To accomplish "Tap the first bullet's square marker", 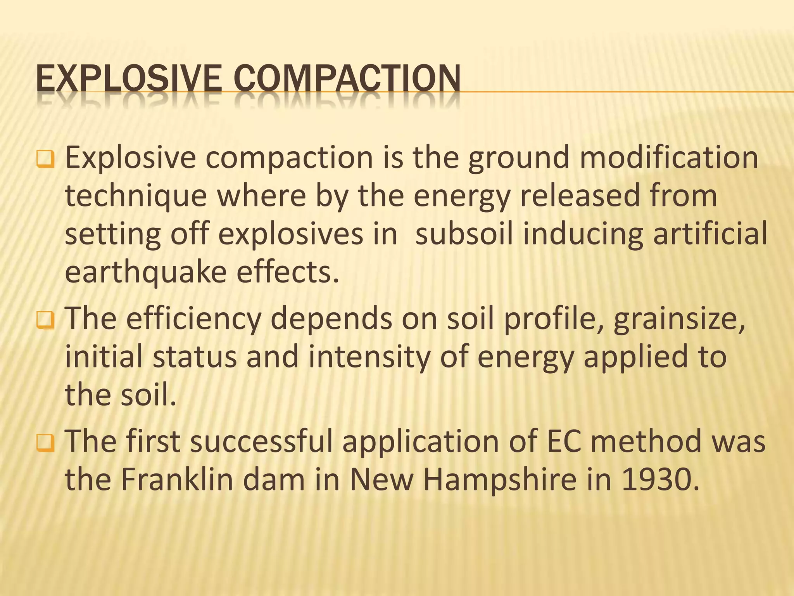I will [45, 159].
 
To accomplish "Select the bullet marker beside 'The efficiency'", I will [45, 320].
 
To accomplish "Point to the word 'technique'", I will [136, 196].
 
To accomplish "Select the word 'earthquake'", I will [145, 272].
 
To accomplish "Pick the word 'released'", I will [580, 196].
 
